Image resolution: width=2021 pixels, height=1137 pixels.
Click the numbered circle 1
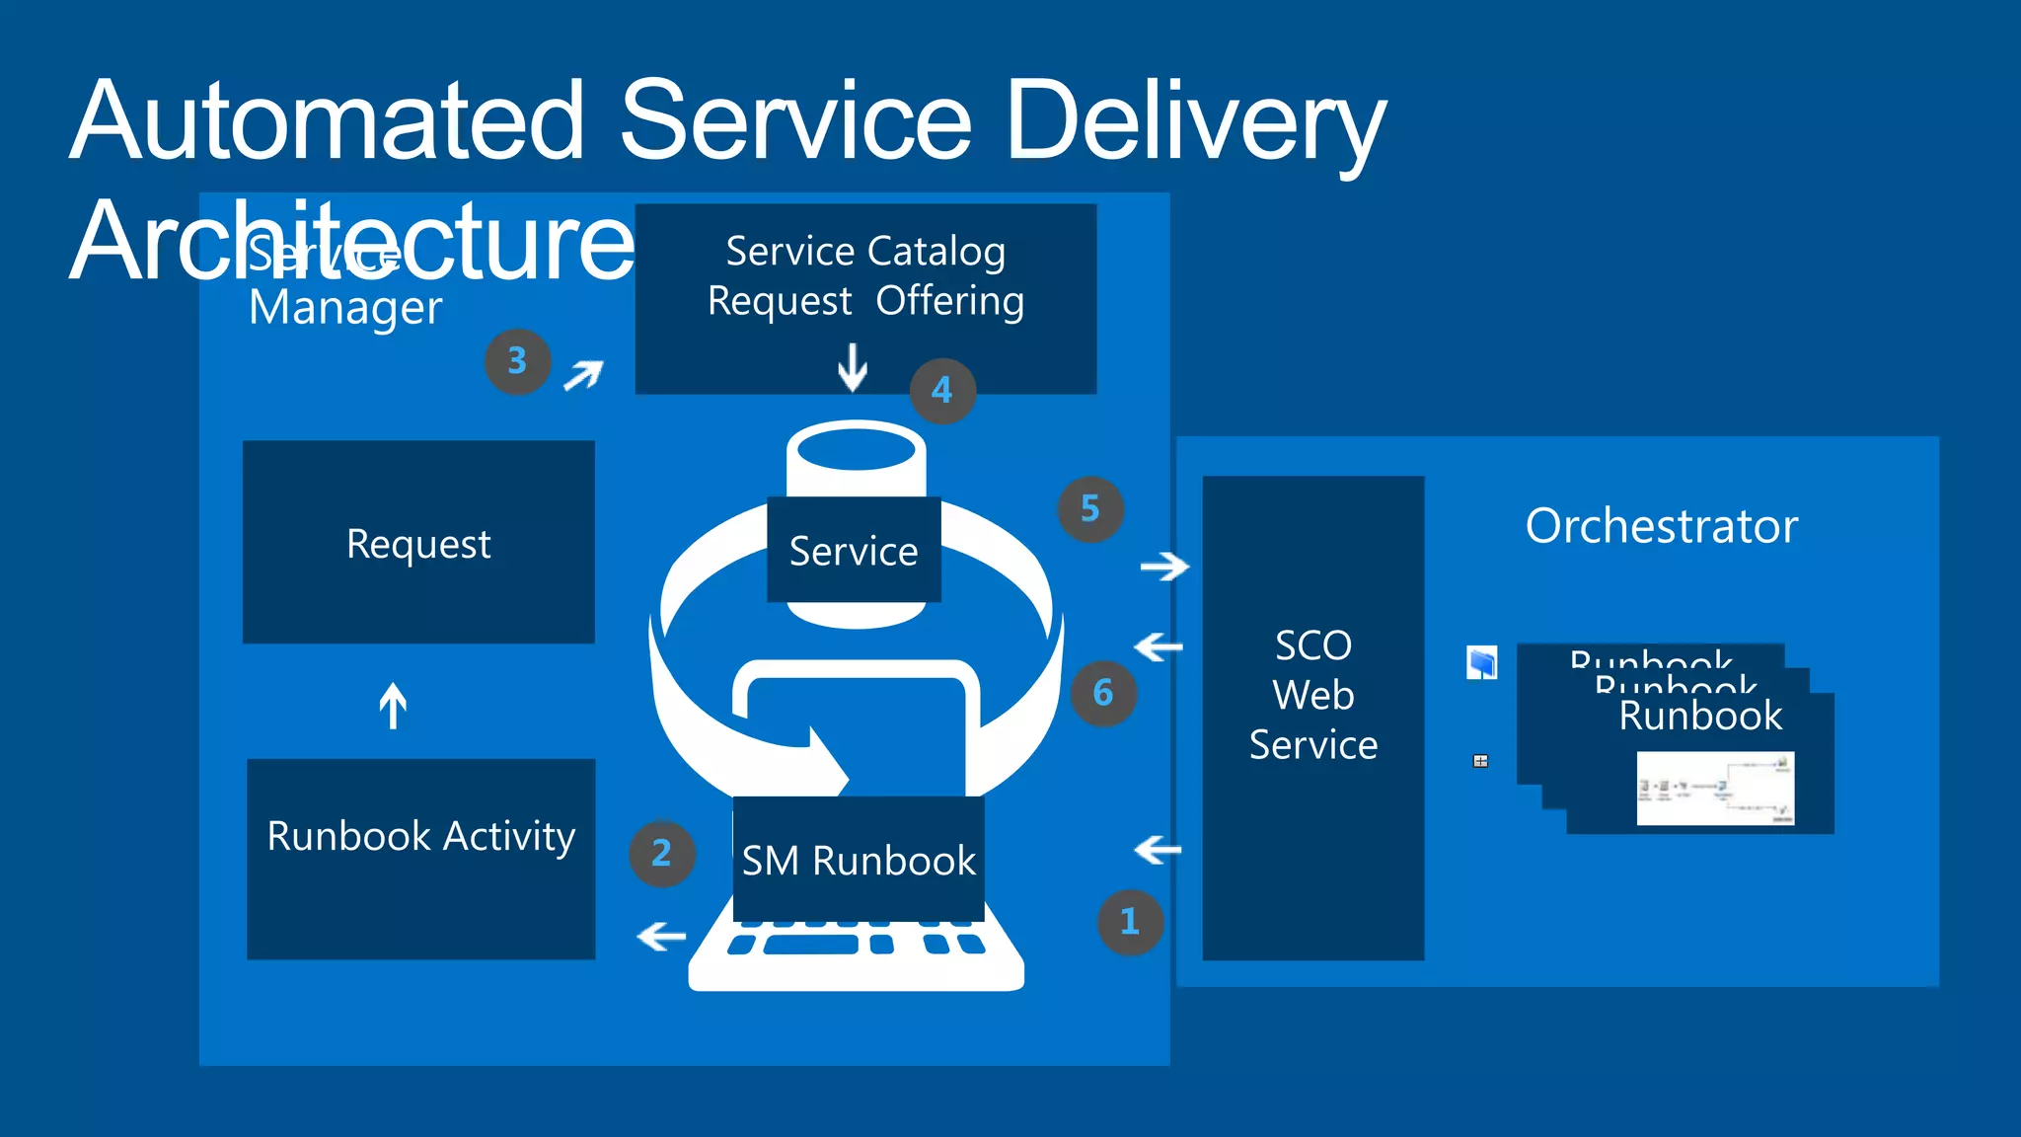(x=1130, y=922)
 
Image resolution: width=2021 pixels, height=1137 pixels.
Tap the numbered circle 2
(x=661, y=854)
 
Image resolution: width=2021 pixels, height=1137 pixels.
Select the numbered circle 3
(x=517, y=361)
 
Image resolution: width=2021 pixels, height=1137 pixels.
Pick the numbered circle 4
(x=941, y=391)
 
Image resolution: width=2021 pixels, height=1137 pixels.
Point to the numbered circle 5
(x=1089, y=509)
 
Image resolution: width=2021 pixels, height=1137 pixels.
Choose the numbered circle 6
(x=1102, y=693)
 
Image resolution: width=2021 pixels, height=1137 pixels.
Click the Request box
(x=418, y=543)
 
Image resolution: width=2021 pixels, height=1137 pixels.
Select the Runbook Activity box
(x=420, y=859)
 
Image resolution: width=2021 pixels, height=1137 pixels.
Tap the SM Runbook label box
(x=858, y=860)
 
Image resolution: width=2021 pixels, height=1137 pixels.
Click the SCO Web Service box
(x=1312, y=719)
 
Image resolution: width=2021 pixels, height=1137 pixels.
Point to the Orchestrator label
(x=1661, y=526)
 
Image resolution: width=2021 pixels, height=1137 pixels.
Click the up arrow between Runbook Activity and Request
(x=393, y=706)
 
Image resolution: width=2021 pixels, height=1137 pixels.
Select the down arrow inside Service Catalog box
(x=852, y=367)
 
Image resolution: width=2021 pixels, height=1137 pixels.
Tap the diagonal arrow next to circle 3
(x=583, y=375)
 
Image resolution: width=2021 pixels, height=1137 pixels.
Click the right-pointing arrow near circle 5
(x=1164, y=567)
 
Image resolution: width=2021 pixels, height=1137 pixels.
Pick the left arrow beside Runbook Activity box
(x=661, y=936)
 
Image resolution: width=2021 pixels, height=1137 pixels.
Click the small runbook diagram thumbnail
(x=1715, y=789)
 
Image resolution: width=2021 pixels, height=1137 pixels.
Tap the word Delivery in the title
(x=1195, y=121)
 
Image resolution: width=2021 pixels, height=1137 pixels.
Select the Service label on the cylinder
(x=854, y=551)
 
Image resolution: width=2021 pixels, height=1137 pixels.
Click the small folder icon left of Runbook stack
(x=1481, y=662)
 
